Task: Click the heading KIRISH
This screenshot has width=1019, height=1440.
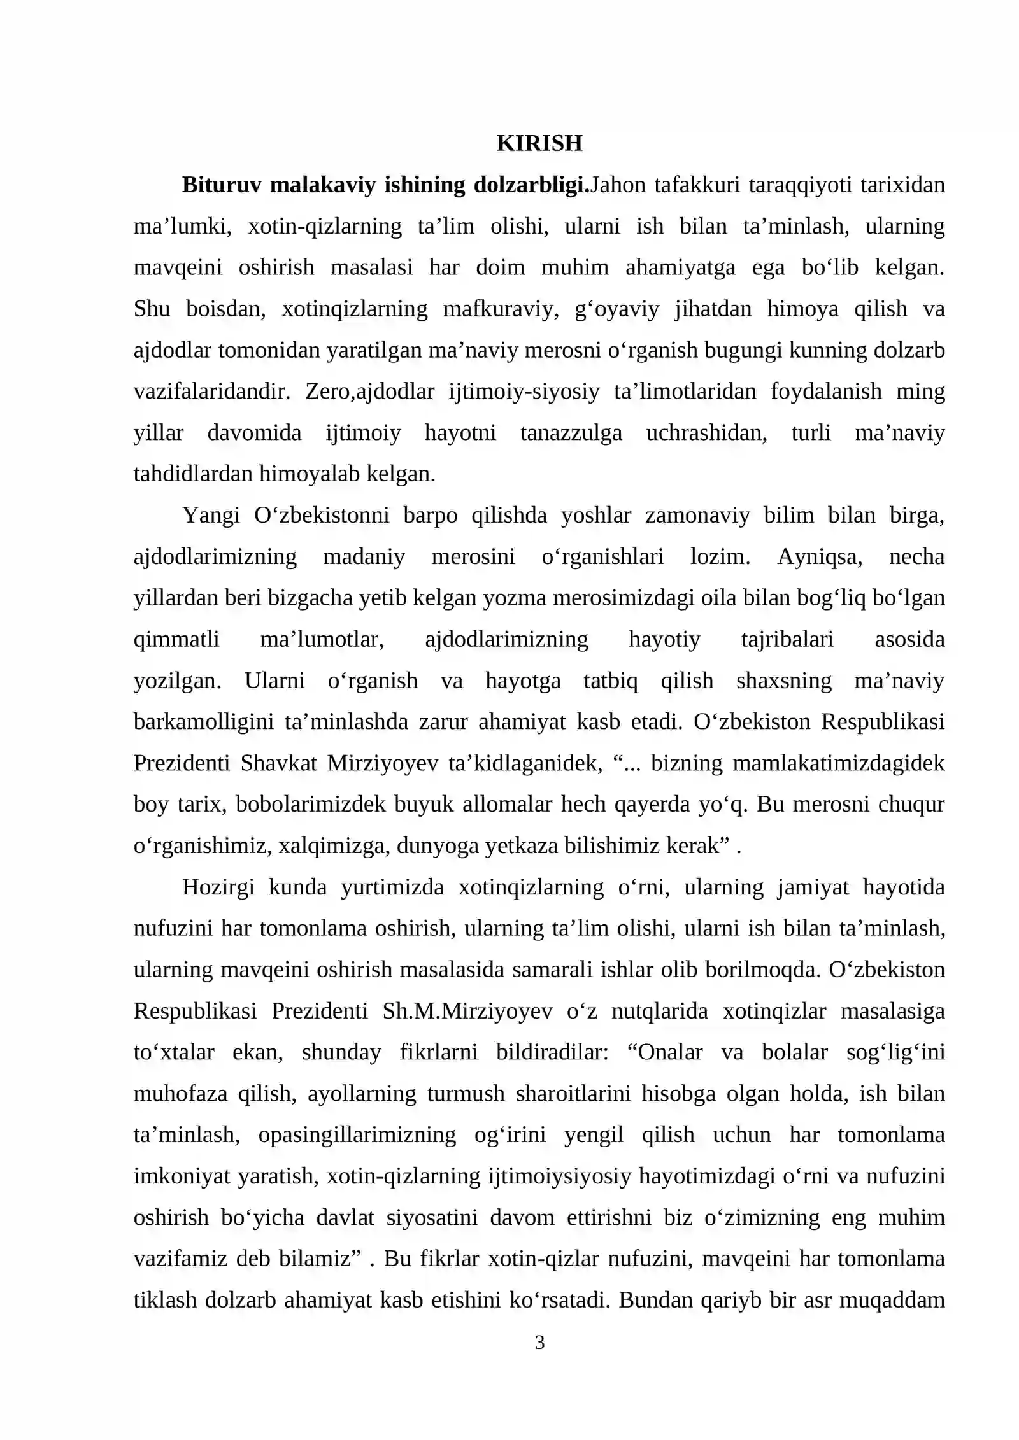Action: (539, 143)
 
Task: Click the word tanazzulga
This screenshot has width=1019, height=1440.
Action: (571, 433)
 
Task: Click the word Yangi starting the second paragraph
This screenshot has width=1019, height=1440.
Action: (210, 515)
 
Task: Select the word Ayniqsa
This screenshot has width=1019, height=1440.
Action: (820, 556)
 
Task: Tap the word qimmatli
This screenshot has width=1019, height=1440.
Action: (176, 639)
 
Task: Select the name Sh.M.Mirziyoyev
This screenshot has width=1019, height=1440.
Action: (467, 1011)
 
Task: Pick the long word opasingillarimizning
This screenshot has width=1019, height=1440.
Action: (357, 1134)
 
